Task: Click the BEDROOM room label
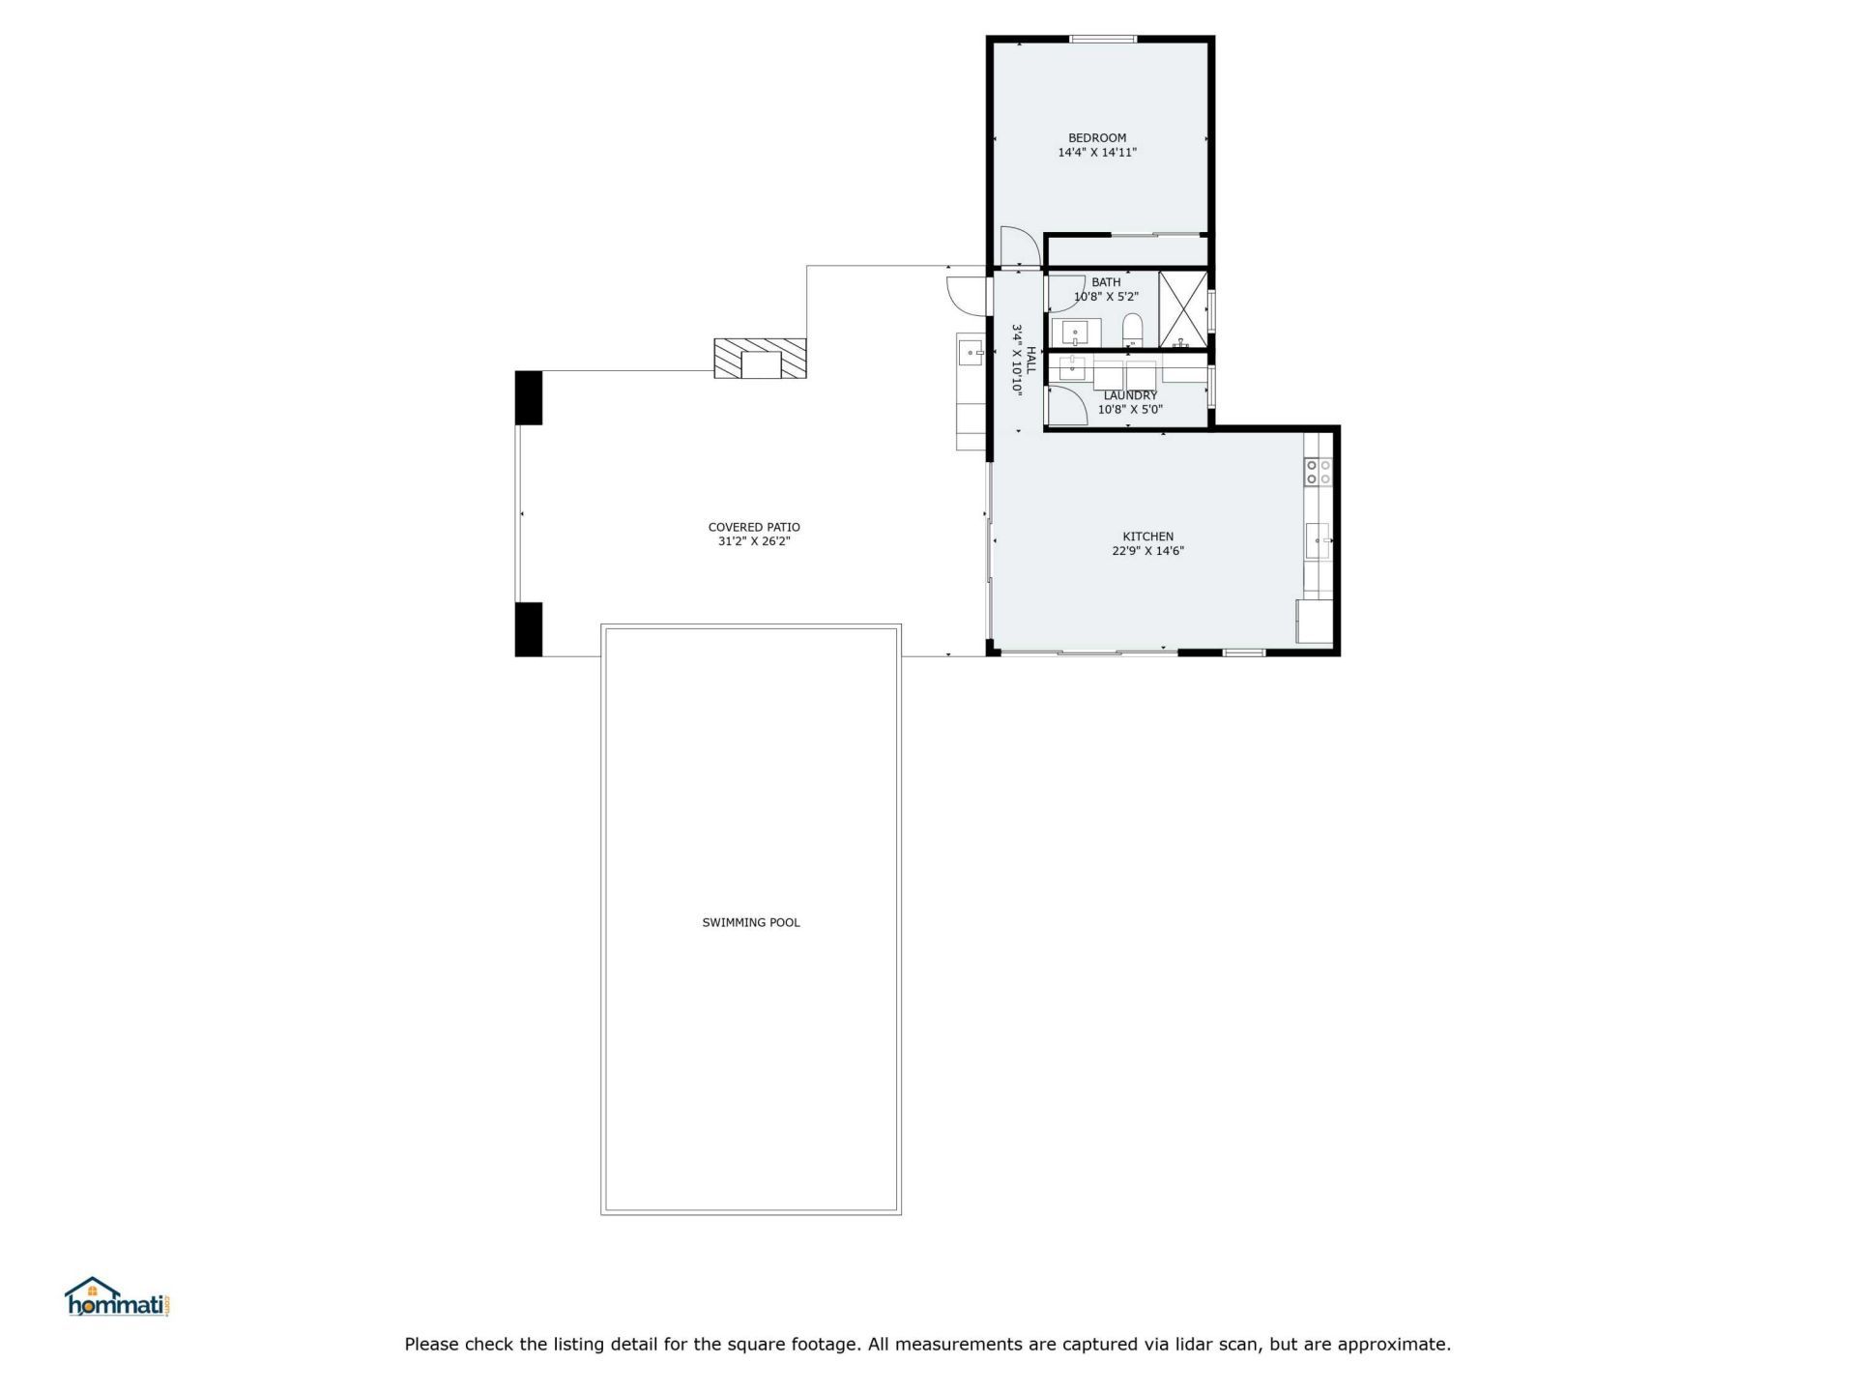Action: [x=1096, y=138]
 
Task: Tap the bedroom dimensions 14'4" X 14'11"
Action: [x=1096, y=153]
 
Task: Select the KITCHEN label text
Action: [x=1147, y=536]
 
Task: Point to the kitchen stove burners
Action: [x=1318, y=472]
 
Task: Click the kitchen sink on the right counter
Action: [x=1318, y=540]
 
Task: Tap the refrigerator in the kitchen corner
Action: [x=1314, y=622]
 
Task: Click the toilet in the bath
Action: [x=1133, y=331]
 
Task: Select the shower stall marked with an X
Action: [x=1183, y=309]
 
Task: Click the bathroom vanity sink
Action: [x=1075, y=333]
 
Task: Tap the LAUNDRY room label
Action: [x=1130, y=395]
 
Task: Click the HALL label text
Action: [x=1030, y=360]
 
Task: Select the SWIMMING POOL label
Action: [x=750, y=922]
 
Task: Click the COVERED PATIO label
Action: [x=754, y=528]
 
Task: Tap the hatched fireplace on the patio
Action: [x=760, y=358]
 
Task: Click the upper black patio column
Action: [x=529, y=397]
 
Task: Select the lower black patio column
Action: [x=529, y=629]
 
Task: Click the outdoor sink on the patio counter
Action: [x=970, y=353]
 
